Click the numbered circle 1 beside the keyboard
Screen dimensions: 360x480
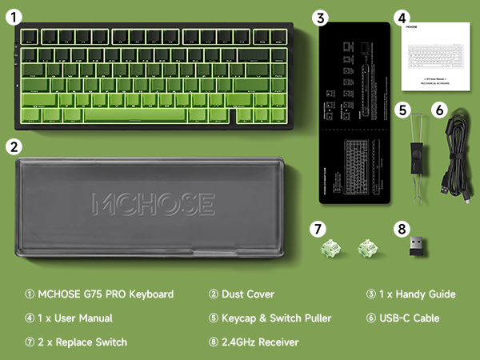(x=14, y=15)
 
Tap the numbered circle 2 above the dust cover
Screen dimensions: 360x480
(x=14, y=147)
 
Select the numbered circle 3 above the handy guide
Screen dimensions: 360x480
(x=320, y=17)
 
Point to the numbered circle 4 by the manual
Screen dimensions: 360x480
(x=402, y=17)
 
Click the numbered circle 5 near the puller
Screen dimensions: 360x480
(x=403, y=110)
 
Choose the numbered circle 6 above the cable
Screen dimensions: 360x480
(x=440, y=110)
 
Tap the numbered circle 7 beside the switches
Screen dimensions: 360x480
(x=320, y=228)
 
